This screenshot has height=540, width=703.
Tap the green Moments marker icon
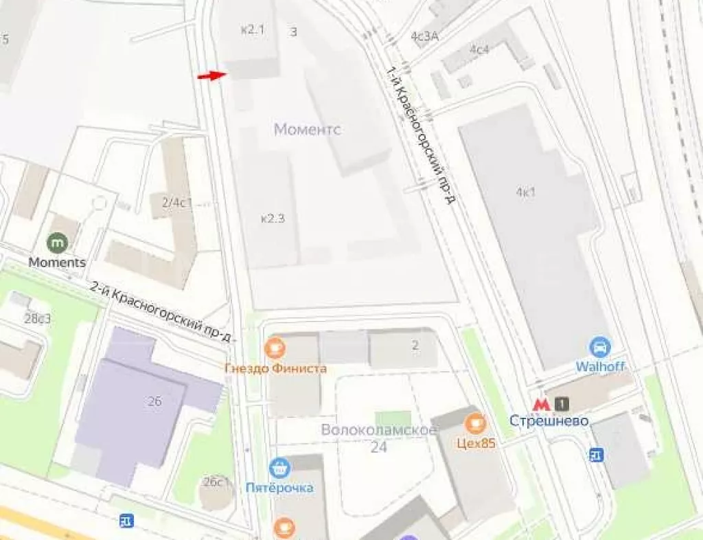[58, 243]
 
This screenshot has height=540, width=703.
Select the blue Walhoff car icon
[600, 346]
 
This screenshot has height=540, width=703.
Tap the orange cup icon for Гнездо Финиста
[275, 348]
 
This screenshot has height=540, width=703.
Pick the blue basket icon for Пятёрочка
[279, 469]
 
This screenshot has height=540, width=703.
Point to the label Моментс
[308, 129]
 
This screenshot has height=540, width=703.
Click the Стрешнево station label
[549, 420]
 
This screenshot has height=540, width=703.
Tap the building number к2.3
[273, 218]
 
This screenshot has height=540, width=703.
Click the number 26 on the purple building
[154, 401]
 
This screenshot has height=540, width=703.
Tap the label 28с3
[37, 318]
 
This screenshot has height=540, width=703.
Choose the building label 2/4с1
[177, 203]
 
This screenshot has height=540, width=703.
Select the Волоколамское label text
[379, 431]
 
